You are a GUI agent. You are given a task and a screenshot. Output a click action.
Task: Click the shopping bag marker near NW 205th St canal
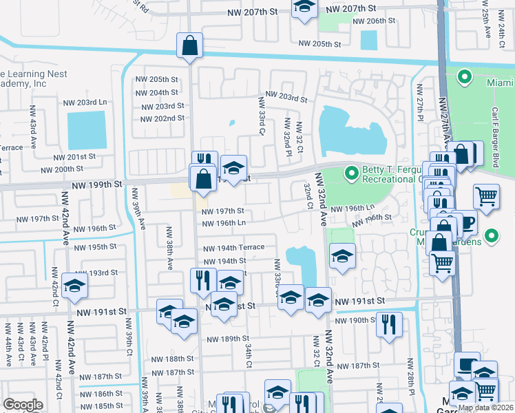click(189, 46)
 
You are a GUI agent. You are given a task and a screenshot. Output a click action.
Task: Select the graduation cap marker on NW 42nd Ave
click(74, 286)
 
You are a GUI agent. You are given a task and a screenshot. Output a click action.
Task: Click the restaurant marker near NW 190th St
click(389, 323)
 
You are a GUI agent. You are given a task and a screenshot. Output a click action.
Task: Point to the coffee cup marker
click(467, 223)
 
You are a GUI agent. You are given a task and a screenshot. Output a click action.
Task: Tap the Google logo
click(23, 405)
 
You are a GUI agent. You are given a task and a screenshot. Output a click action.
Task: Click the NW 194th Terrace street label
click(233, 248)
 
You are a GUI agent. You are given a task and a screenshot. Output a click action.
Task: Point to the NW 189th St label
click(225, 339)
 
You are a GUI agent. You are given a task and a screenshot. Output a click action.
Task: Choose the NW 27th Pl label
click(419, 102)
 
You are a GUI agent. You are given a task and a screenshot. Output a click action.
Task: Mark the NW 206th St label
click(374, 21)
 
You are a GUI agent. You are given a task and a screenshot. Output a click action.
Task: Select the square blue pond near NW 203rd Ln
click(87, 130)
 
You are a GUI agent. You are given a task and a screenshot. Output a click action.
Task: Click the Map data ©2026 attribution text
click(486, 407)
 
